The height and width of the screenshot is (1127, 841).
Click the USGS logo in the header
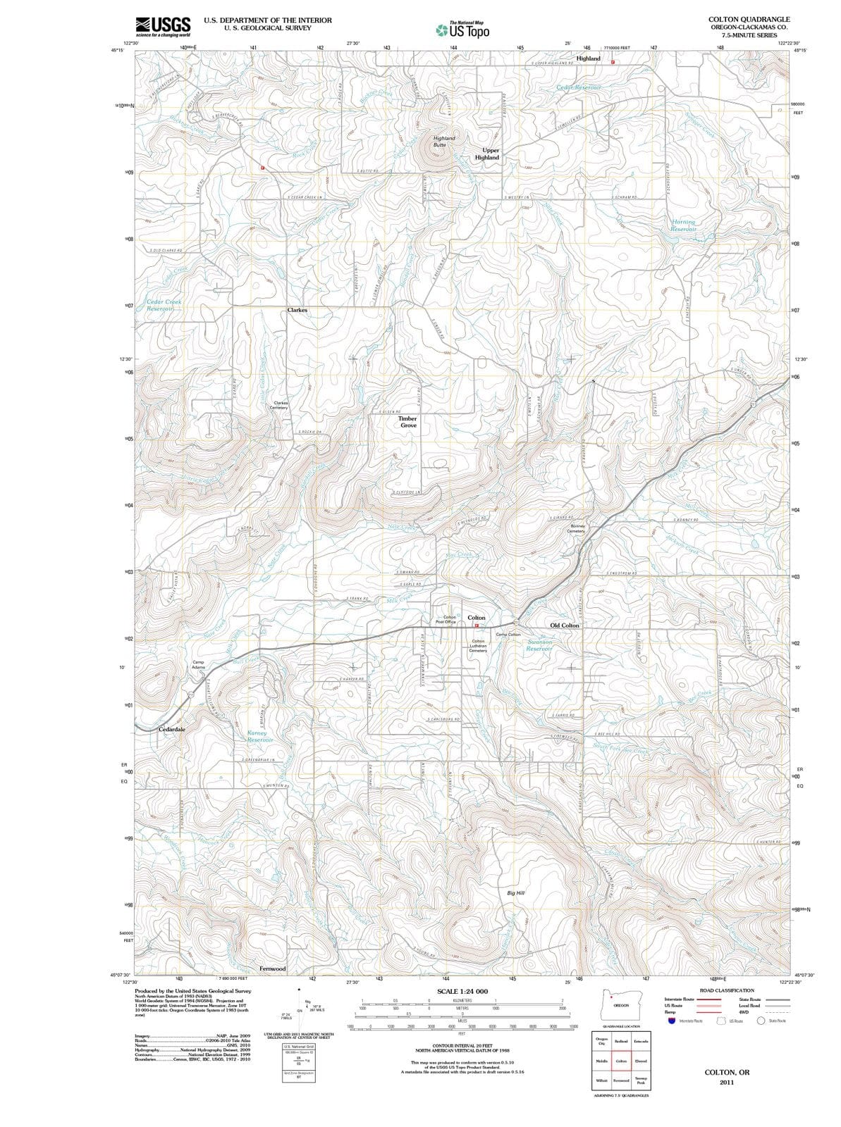coord(163,26)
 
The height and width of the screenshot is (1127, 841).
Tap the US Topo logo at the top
coord(462,30)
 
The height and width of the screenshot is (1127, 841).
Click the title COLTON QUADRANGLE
coord(749,19)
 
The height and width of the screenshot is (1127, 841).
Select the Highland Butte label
coord(444,142)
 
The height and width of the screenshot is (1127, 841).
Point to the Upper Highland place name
coord(487,154)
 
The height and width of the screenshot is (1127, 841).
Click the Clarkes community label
coord(297,310)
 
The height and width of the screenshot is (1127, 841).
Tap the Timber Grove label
coord(408,422)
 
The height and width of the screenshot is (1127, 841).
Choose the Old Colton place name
coord(564,625)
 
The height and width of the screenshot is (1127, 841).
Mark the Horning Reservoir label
coord(682,225)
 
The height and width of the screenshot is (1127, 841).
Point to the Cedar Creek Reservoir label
coord(164,305)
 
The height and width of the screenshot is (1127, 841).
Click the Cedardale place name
coord(172,729)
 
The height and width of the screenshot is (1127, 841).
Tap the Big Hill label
coord(516,892)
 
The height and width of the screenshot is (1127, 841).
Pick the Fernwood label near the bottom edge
coord(273,969)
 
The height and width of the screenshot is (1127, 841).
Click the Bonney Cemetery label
coord(577,528)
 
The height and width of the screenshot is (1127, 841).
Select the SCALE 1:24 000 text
coord(462,991)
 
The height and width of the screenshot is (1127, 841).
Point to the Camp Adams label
coord(199,664)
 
